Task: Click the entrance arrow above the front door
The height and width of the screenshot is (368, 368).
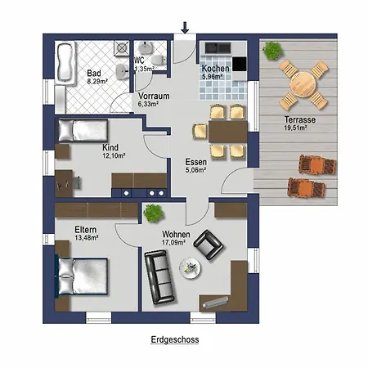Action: coord(185,28)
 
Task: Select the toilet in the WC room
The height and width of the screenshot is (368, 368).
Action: coord(158,60)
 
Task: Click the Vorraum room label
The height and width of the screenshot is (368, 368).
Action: coord(154,96)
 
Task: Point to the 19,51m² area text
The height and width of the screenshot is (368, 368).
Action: coord(296,128)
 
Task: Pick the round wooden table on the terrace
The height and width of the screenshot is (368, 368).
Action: coord(303,84)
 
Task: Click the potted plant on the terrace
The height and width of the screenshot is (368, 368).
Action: coord(272,50)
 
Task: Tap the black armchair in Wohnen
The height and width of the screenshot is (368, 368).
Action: coord(209,245)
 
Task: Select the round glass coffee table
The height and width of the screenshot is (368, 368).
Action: coord(191,268)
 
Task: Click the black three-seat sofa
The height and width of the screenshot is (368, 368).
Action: coord(159,277)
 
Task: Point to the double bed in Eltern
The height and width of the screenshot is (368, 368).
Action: coord(83,276)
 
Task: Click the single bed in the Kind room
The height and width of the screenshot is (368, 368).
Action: coord(83,131)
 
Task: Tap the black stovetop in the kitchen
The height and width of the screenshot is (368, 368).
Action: coord(240,64)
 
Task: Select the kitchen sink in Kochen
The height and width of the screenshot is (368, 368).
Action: coord(218,48)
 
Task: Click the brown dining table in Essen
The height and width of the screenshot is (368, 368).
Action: coord(228,132)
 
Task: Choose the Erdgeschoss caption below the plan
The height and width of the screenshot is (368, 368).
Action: coord(175,339)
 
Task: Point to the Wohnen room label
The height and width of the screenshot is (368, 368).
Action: coord(176,234)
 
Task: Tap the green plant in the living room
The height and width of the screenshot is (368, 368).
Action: coord(154,213)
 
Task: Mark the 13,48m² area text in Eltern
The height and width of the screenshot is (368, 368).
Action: coord(87,238)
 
